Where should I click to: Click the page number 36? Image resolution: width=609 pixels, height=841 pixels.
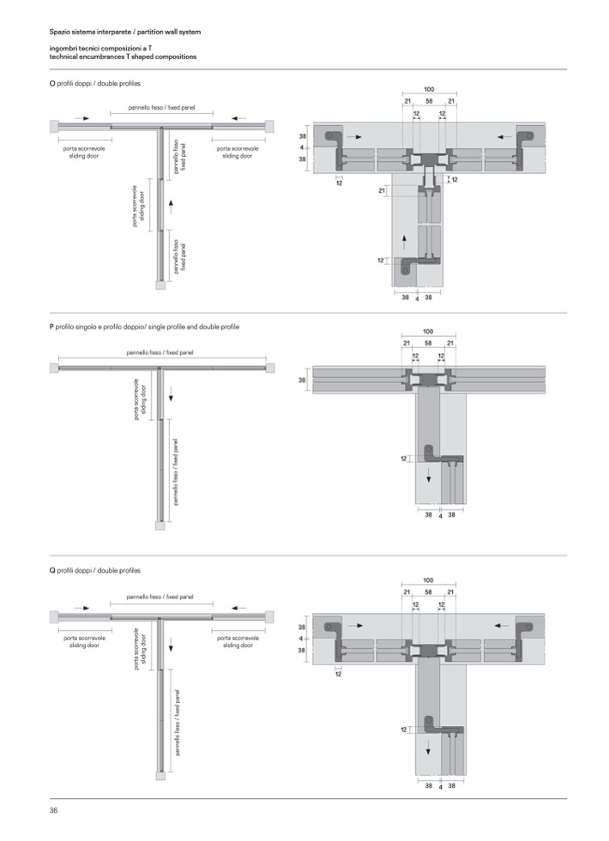coord(53,810)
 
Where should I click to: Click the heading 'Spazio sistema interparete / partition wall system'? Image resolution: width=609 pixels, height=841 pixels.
coord(125,33)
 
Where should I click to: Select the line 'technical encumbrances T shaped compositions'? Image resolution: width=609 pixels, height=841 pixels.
coord(123,57)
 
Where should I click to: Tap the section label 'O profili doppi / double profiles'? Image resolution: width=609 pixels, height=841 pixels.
coord(95,84)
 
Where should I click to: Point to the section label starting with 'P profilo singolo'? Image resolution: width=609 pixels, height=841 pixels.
coord(144,327)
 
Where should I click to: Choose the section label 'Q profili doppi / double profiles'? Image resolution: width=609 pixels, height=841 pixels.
coord(95,571)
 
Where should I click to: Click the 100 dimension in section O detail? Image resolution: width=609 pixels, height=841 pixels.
coord(429,89)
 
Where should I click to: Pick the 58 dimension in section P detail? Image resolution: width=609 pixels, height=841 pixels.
coord(428,343)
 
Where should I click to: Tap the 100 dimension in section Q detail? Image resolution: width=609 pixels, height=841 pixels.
coord(428,580)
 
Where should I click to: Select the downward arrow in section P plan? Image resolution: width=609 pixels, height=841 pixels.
coord(172,397)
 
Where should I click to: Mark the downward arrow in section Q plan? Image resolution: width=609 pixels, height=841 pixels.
coord(172,647)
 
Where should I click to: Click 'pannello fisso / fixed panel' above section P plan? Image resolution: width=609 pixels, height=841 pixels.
coord(160,353)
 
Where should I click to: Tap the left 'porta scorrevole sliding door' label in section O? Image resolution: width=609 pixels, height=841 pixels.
coord(84,153)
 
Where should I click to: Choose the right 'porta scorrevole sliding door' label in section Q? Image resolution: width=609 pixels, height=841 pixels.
coord(238,641)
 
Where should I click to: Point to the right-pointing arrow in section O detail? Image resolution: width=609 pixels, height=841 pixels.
coord(354,137)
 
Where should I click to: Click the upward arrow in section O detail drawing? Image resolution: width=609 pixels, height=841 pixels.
coord(404,240)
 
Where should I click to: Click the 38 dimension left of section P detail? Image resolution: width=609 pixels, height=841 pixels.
coord(302,381)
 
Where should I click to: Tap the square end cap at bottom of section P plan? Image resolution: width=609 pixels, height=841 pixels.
coord(160,526)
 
